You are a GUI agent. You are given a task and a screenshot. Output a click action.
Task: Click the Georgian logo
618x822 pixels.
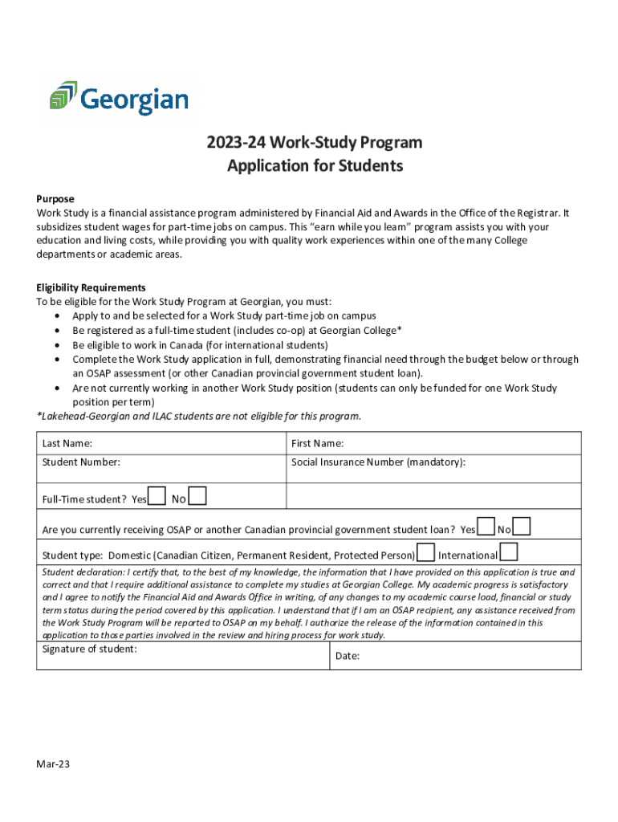119,100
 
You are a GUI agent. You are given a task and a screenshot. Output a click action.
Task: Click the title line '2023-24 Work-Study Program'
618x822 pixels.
315,143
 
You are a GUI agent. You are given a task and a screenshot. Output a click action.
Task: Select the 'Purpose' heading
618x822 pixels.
55,198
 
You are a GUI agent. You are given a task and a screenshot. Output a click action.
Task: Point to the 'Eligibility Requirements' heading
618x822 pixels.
91,287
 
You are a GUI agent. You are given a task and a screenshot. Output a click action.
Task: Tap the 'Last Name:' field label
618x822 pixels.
67,443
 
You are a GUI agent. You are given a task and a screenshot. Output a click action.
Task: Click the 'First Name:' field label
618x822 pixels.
318,443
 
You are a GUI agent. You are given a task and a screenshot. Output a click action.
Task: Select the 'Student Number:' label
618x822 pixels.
81,462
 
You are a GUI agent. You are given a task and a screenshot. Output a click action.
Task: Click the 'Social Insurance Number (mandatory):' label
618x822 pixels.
378,462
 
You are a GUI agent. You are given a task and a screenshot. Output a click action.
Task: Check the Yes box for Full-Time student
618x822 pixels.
158,497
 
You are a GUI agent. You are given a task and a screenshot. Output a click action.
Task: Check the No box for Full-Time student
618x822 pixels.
197,497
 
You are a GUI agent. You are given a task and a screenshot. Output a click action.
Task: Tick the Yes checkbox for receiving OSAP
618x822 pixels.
486,526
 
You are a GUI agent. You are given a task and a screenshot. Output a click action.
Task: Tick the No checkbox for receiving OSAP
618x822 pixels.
522,526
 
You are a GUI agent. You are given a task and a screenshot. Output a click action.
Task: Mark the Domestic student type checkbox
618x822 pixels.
426,552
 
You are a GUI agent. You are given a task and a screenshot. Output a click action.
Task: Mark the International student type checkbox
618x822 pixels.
509,552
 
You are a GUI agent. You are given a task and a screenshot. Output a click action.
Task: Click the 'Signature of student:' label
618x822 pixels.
89,649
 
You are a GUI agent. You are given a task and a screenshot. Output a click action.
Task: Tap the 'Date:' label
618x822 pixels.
347,656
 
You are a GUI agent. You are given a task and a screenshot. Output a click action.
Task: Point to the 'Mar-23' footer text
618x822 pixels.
53,764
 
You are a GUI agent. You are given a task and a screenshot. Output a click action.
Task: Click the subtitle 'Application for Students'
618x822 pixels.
315,166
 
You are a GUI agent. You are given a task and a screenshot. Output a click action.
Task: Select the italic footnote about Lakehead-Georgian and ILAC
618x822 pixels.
199,416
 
